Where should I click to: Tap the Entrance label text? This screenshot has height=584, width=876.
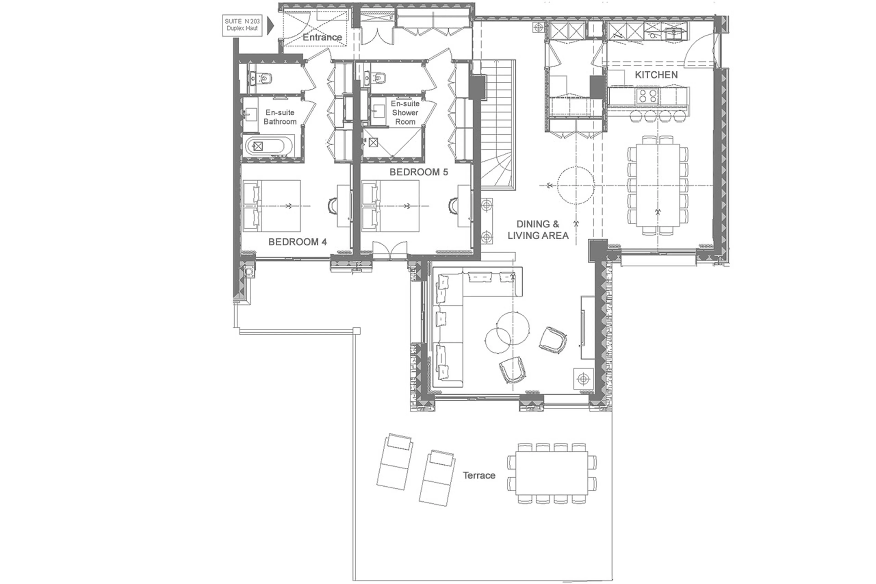322,37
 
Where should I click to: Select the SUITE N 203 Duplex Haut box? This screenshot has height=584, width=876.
242,25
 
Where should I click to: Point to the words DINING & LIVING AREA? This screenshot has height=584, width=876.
538,230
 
